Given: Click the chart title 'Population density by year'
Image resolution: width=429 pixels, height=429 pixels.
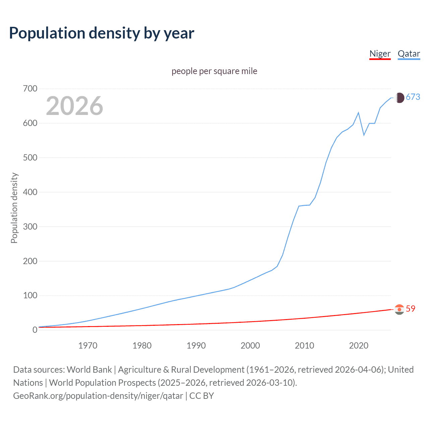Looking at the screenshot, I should click(102, 33).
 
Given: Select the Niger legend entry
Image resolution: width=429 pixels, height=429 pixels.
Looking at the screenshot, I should click(380, 54).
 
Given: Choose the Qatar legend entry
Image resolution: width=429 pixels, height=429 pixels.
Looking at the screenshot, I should click(409, 54).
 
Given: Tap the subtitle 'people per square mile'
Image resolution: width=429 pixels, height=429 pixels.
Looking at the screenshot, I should click(214, 71).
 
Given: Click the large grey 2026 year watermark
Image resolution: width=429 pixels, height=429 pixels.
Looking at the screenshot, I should click(74, 106).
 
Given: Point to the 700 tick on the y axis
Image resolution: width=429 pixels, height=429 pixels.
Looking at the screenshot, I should click(30, 89).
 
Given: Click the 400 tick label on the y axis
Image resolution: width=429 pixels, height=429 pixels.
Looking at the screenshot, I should click(30, 192).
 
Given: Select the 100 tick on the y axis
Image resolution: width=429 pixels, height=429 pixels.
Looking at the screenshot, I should click(30, 296).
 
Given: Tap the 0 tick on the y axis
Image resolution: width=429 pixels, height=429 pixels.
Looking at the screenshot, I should click(35, 330).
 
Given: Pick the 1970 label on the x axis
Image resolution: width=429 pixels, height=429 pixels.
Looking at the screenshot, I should click(88, 346).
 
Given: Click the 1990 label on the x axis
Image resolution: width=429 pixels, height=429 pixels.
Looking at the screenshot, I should click(196, 346).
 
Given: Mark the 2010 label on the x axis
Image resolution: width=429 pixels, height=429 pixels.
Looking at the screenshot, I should click(304, 346).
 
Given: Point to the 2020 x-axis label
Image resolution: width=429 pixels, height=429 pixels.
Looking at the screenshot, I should click(359, 346).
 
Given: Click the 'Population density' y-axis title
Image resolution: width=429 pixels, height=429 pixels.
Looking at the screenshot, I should click(14, 208).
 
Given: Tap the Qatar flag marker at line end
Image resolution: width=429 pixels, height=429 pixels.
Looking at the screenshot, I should click(399, 98).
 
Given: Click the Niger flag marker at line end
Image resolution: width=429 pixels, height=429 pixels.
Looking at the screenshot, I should click(399, 309).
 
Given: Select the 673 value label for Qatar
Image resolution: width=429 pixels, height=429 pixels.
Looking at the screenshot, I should click(413, 97).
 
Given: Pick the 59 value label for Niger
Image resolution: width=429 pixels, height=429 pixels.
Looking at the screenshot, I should click(411, 309).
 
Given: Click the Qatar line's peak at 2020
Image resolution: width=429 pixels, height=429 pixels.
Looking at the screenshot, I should click(358, 113).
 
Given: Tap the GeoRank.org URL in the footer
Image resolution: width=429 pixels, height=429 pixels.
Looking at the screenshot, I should click(98, 396).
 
